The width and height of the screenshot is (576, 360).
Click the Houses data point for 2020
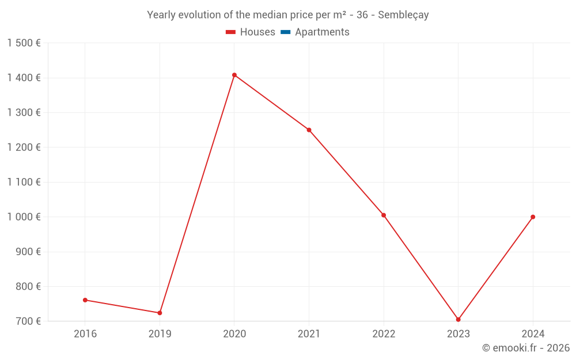coord(234,75)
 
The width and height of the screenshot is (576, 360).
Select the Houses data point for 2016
coord(85,300)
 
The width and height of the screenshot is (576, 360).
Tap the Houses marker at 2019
coord(160,313)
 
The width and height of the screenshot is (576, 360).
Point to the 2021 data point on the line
coord(309,130)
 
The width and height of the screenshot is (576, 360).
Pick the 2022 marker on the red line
coord(384,215)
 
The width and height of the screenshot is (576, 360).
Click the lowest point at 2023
coord(458,320)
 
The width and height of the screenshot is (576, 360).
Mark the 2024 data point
coord(533,217)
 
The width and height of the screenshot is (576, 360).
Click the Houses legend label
coord(257,32)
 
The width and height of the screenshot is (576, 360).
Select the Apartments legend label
coord(322,32)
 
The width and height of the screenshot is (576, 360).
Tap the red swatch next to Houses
coord(230,32)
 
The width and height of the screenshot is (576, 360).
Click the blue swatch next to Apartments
coord(285,32)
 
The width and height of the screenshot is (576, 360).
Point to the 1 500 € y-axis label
coord(24,43)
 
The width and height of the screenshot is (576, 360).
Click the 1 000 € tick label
coord(24,217)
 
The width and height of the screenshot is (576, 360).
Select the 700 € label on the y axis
coord(28,321)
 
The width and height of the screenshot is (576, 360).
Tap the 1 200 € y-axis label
coord(24,147)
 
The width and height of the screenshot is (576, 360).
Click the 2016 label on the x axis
coord(85,334)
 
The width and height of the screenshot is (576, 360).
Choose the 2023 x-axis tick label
coord(458,334)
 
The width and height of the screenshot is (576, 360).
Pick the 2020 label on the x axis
coord(234,334)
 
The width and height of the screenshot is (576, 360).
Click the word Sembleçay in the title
coord(403,15)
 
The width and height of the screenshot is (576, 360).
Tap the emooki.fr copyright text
coord(526,348)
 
